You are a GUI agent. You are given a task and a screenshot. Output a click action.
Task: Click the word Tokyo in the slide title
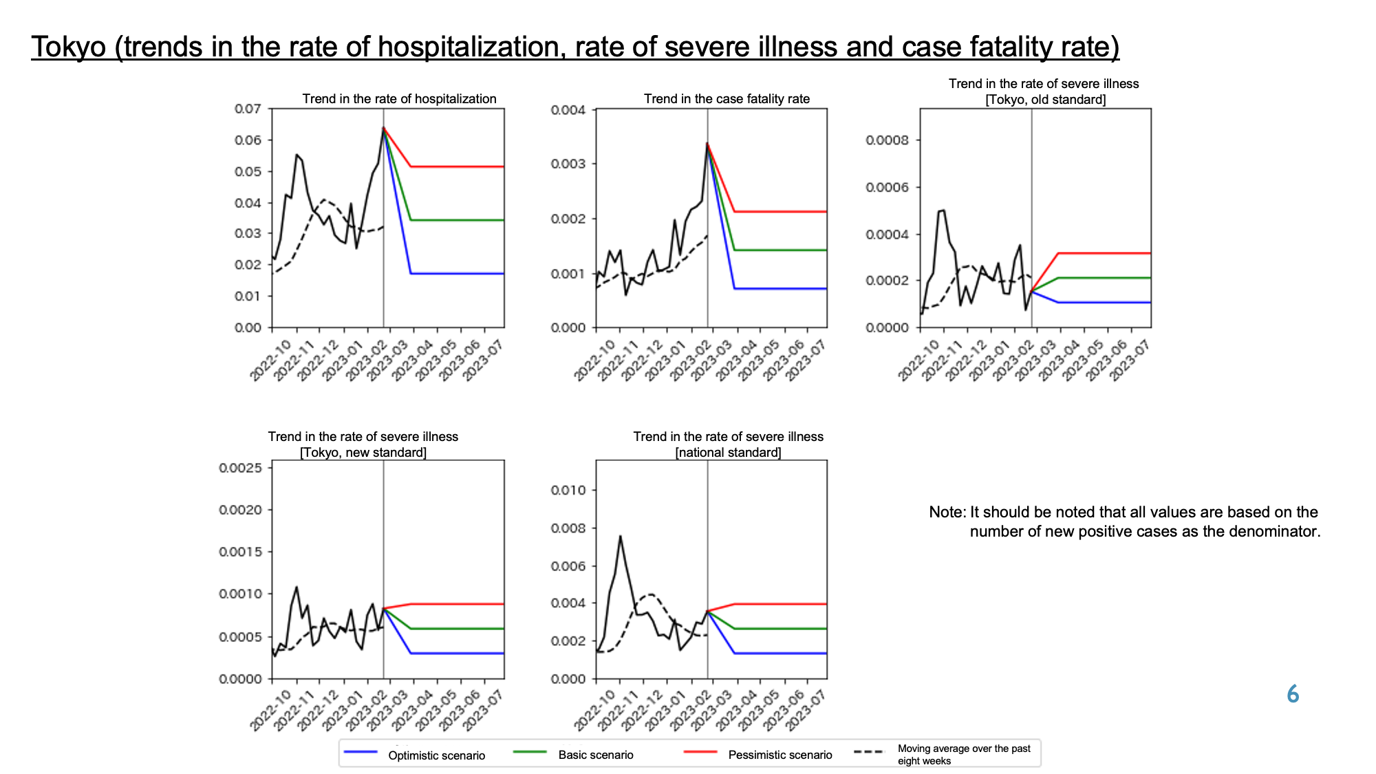69,47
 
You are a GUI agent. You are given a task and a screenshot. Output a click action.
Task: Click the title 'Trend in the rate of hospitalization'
399,99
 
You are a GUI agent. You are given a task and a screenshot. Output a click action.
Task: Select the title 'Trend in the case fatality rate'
727,99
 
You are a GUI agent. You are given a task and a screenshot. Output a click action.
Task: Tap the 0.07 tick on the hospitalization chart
248,109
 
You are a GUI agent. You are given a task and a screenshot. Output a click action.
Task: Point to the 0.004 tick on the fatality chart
568,110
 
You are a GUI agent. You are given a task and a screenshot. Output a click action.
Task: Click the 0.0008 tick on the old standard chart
887,140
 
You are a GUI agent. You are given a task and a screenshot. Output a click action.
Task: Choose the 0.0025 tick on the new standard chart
240,468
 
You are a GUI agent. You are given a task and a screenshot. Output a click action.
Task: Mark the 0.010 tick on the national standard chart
568,491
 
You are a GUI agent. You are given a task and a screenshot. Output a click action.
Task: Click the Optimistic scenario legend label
436,755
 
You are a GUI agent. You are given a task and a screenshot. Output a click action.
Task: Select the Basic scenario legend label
596,755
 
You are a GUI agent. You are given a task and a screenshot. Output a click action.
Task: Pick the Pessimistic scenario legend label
780,755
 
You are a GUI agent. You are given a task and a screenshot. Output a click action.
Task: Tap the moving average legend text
964,755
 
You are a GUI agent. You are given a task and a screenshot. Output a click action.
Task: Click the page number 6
1293,694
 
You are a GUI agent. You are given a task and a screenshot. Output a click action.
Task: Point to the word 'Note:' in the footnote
947,512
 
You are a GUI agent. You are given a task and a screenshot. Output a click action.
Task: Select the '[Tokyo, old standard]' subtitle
1046,100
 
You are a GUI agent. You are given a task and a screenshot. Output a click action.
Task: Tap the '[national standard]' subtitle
728,453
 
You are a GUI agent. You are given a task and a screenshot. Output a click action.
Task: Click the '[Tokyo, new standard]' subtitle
363,453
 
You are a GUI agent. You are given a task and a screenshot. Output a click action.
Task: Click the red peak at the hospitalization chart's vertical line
383,127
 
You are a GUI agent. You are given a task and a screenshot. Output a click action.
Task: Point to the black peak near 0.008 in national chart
620,536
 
